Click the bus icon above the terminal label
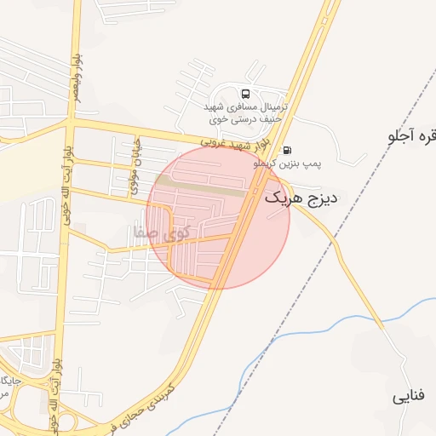(x=246, y=95)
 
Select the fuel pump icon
(x=285, y=149)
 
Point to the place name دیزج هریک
(x=301, y=198)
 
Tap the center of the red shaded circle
(x=218, y=217)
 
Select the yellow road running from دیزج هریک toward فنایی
(x=341, y=255)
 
